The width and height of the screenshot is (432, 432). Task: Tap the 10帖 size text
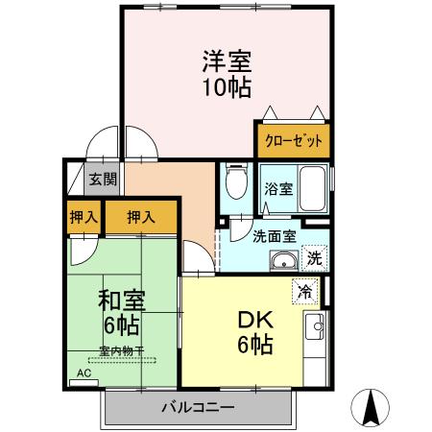coord(227,88)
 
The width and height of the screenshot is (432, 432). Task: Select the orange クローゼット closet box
coord(293,140)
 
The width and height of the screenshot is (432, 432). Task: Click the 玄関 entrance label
coord(103,179)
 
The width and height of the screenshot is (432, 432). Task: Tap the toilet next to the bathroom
coord(234,183)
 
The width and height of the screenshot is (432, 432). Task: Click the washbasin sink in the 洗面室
coord(283,262)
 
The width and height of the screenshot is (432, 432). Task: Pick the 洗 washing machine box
coord(314,257)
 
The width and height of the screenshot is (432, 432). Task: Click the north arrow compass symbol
coord(372,408)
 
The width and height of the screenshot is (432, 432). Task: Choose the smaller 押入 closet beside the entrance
coord(84,217)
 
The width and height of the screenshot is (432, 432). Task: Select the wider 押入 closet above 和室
coord(141,217)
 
